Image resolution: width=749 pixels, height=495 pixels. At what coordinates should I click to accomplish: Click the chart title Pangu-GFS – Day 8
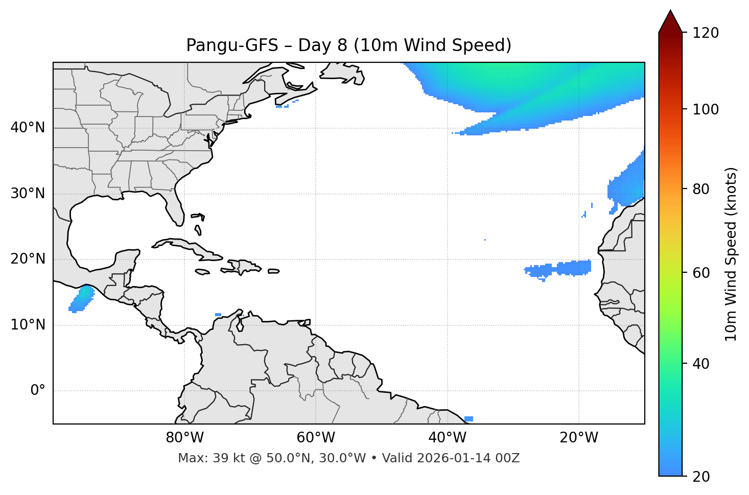pyautogui.click(x=348, y=45)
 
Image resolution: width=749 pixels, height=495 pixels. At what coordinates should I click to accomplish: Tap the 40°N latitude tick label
pyautogui.click(x=28, y=128)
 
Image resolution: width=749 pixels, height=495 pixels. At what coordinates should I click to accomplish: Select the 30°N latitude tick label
pyautogui.click(x=28, y=194)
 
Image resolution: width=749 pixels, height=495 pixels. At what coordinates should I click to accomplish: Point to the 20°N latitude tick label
pyautogui.click(x=28, y=259)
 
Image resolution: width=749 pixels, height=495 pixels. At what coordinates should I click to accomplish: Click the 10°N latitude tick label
pyautogui.click(x=28, y=325)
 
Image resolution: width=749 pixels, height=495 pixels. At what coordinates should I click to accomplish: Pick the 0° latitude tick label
pyautogui.click(x=38, y=391)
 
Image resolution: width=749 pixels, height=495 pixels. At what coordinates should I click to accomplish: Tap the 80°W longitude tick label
pyautogui.click(x=184, y=438)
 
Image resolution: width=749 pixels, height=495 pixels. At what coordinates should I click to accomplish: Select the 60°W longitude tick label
pyautogui.click(x=316, y=438)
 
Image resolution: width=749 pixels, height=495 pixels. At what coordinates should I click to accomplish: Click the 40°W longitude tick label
pyautogui.click(x=447, y=438)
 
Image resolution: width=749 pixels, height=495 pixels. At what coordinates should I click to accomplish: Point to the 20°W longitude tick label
pyautogui.click(x=578, y=438)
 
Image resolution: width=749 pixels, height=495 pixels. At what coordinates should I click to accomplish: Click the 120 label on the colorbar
pyautogui.click(x=706, y=33)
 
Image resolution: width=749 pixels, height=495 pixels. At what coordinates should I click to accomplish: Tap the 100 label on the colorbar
pyautogui.click(x=706, y=109)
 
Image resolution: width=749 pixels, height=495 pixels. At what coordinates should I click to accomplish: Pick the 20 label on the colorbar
pyautogui.click(x=702, y=477)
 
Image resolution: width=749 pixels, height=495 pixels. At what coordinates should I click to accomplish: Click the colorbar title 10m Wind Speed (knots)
pyautogui.click(x=731, y=254)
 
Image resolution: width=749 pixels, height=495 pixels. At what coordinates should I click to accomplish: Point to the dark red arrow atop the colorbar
pyautogui.click(x=670, y=22)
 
